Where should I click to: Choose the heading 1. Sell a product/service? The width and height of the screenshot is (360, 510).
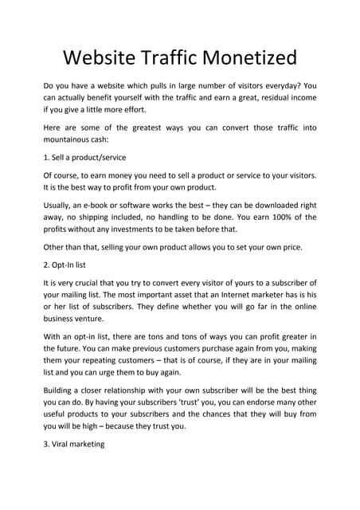click(84, 158)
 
